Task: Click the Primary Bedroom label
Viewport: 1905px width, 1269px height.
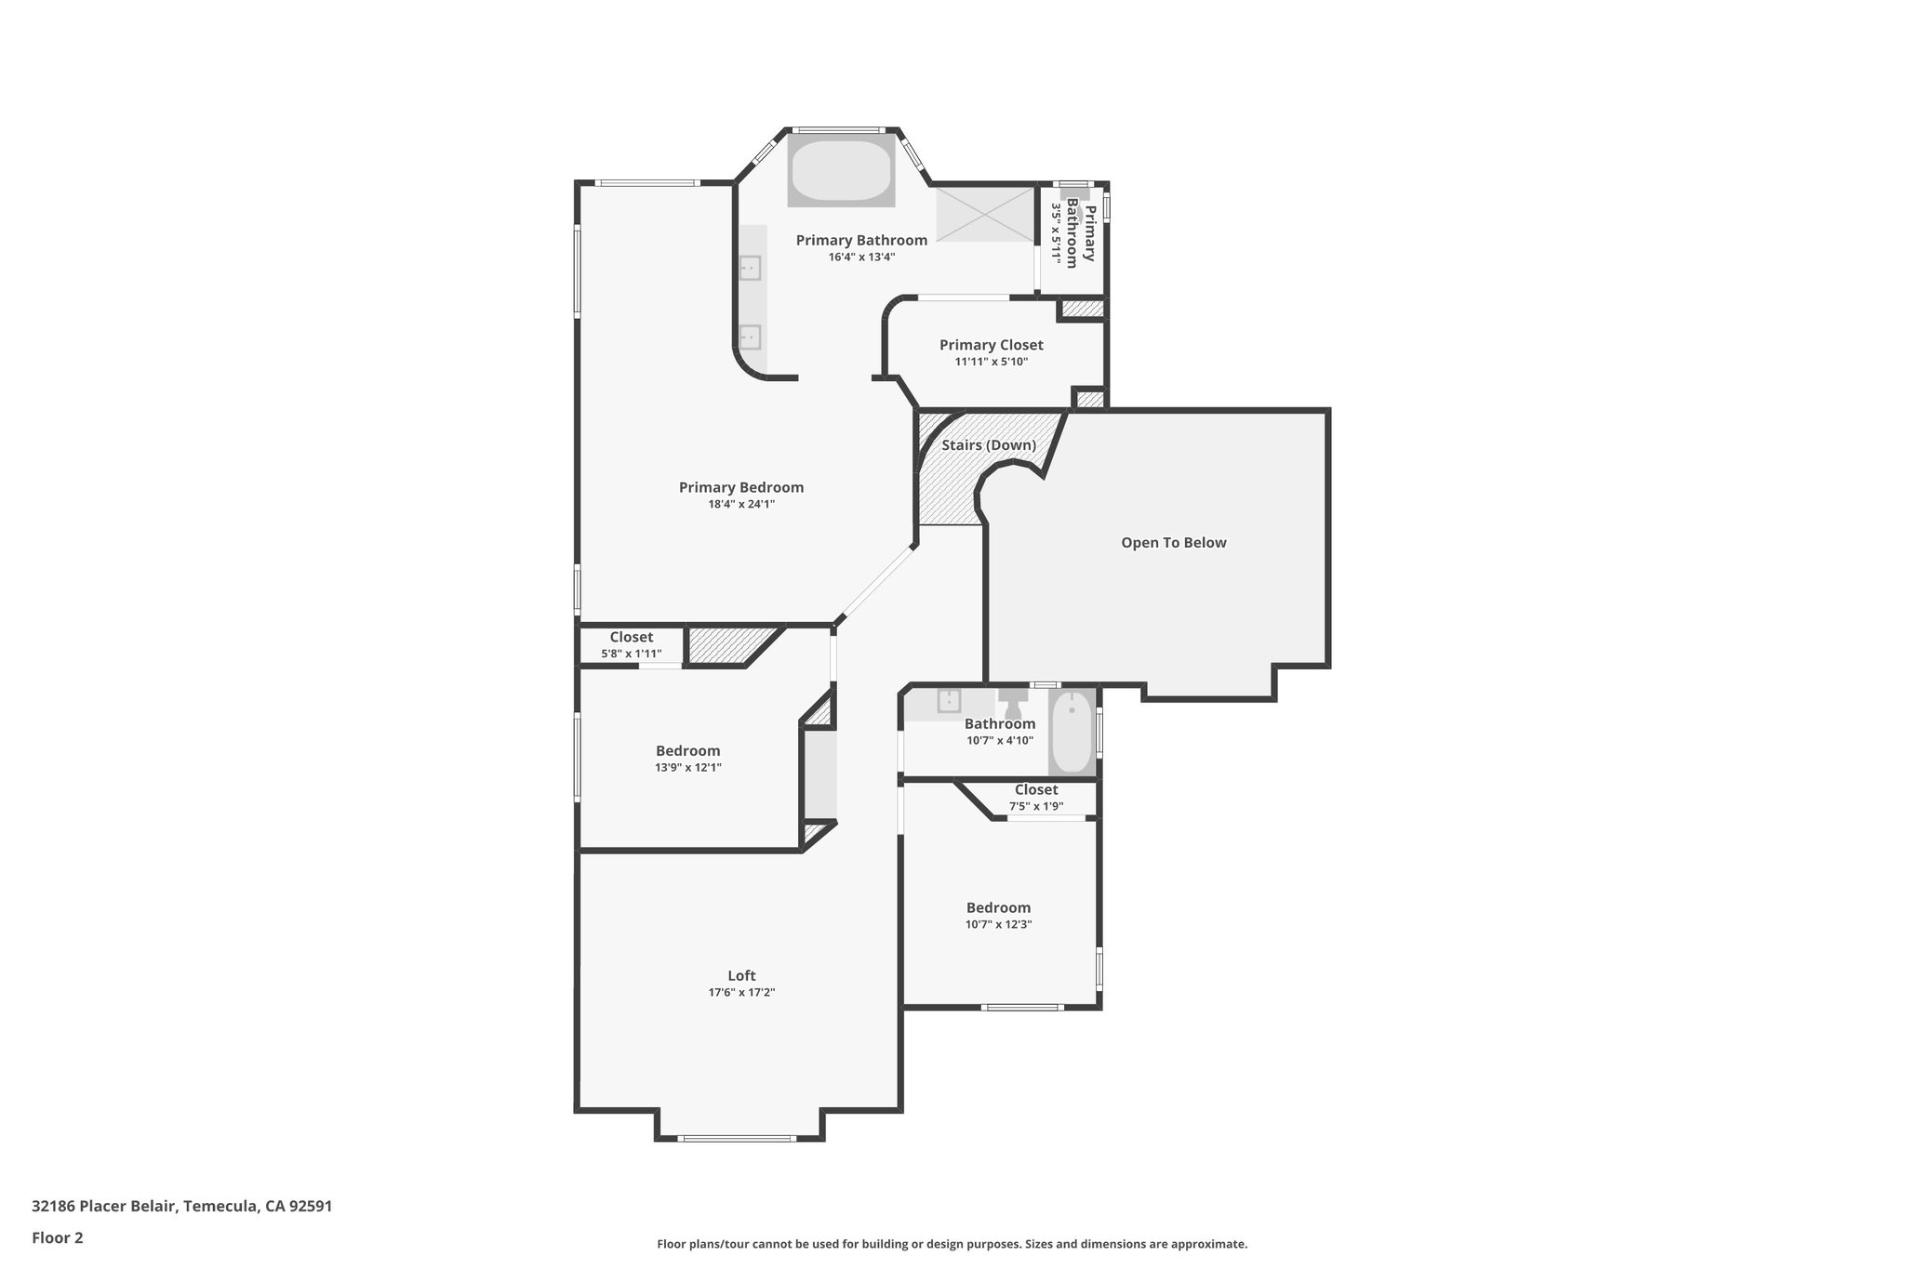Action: click(x=740, y=487)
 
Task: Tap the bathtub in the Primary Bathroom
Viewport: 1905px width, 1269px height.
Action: click(x=841, y=171)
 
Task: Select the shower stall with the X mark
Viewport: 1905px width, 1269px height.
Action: click(x=985, y=215)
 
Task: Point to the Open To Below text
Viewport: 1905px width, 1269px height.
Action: click(x=1173, y=543)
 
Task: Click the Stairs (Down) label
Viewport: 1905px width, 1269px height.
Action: click(x=988, y=445)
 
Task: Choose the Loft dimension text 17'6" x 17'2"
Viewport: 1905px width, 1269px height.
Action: click(x=741, y=993)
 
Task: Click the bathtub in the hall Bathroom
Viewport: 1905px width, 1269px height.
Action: click(x=1072, y=732)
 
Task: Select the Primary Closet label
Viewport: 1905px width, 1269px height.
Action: click(x=991, y=345)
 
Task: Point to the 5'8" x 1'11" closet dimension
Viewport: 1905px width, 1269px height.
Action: click(x=631, y=654)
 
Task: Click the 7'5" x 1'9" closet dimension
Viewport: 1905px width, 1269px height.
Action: click(x=1035, y=806)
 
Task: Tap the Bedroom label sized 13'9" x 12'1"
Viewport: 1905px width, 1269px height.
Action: click(x=687, y=751)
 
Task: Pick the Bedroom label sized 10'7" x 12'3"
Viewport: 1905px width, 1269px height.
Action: click(x=998, y=908)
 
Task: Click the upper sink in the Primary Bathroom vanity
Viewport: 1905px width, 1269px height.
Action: click(x=750, y=269)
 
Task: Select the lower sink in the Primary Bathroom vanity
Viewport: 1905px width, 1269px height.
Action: click(x=750, y=337)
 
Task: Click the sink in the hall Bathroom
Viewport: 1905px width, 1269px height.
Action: click(x=950, y=700)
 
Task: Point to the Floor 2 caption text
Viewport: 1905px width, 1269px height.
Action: click(x=58, y=1237)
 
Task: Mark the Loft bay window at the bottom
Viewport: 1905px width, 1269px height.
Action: click(x=737, y=1138)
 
